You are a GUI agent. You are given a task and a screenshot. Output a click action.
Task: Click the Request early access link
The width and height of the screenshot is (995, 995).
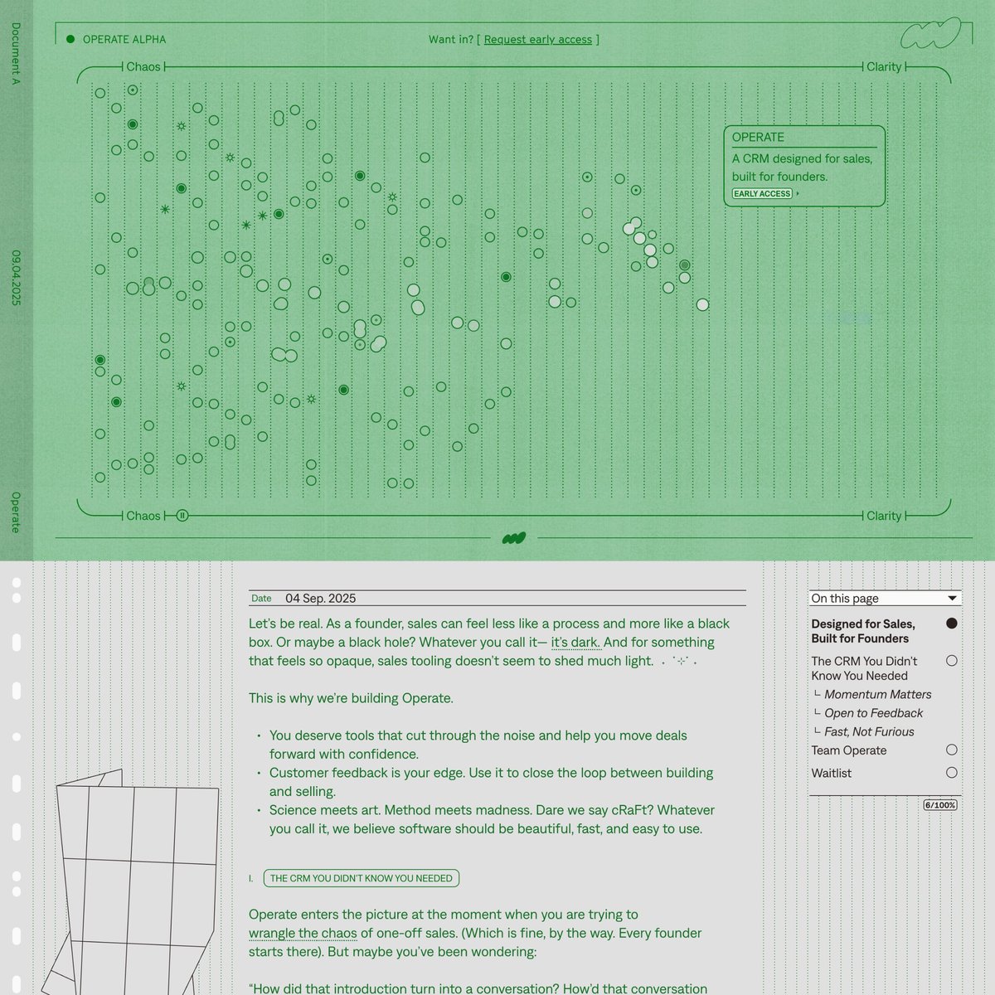pos(537,39)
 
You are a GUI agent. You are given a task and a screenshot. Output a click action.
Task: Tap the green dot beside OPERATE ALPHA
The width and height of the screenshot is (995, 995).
pos(70,39)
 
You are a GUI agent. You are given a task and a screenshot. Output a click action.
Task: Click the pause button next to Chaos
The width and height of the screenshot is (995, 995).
pos(182,516)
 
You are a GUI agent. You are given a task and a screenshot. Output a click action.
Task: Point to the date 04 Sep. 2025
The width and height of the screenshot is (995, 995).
pos(320,598)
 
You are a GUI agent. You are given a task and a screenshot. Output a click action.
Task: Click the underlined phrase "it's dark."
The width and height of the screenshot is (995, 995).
pos(575,642)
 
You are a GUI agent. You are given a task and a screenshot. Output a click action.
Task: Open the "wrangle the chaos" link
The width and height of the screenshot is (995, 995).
pos(303,933)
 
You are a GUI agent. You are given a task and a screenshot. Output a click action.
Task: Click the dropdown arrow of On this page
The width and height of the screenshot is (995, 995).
pos(953,598)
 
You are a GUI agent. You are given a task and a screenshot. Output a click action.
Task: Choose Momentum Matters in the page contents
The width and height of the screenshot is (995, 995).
pos(877,694)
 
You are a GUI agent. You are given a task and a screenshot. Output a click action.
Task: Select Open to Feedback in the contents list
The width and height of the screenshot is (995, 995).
pos(873,713)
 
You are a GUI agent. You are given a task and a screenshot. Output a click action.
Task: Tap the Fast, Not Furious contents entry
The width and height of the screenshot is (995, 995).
pos(869,731)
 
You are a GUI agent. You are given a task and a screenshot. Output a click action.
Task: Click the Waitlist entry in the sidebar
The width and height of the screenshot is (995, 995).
pos(831,773)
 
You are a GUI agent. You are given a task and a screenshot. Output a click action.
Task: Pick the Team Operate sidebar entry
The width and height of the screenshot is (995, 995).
pos(848,750)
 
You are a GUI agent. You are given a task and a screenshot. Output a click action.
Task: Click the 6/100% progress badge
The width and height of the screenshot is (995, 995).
pos(940,805)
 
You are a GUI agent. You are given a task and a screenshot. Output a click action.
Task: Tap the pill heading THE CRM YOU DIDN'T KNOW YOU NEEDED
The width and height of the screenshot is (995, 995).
pos(362,878)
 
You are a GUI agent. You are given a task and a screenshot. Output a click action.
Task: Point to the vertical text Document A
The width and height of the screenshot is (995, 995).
pos(16,54)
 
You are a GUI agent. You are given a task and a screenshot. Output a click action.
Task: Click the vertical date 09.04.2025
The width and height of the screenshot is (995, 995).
pos(16,277)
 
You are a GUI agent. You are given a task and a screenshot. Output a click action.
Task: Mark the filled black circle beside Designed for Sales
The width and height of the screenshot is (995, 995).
pos(951,624)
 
